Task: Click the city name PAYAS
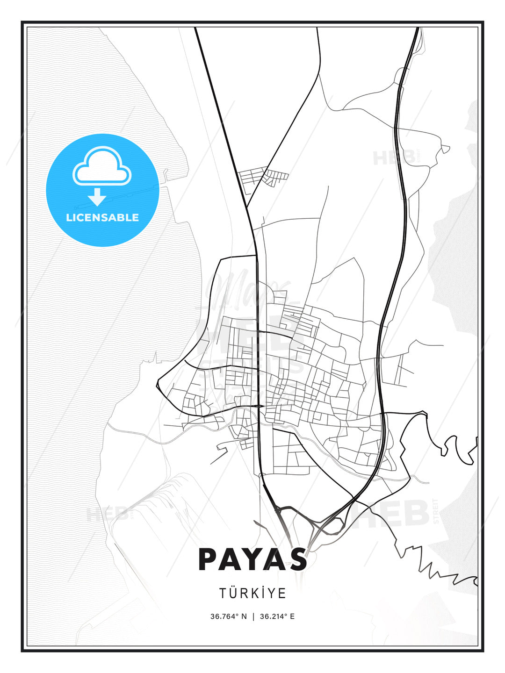[252, 559]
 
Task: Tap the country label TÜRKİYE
[252, 593]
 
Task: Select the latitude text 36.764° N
[228, 616]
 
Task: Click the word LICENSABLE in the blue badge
[102, 217]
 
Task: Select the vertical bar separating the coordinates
[253, 616]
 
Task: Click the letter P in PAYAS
[209, 559]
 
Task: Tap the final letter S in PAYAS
[297, 559]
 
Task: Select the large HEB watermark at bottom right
[393, 514]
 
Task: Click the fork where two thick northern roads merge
[247, 206]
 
